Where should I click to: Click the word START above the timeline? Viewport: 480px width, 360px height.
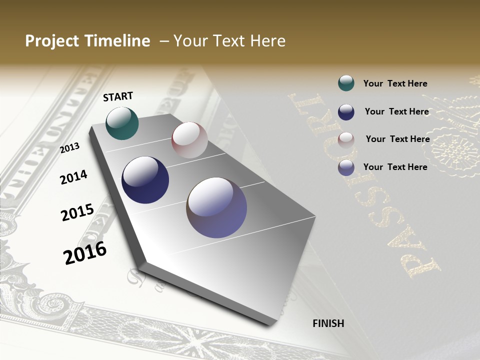(x=118, y=96)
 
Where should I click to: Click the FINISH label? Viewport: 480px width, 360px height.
(x=328, y=323)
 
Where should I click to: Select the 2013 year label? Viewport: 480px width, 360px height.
(x=70, y=147)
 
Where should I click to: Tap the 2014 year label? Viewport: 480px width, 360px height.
(x=73, y=177)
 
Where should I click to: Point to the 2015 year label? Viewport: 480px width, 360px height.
(x=77, y=212)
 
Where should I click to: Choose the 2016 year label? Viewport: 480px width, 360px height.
(x=85, y=253)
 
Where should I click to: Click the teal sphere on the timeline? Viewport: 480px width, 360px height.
(x=122, y=123)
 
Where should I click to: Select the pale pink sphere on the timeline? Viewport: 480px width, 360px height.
(x=189, y=140)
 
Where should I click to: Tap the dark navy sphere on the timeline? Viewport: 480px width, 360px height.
(x=145, y=180)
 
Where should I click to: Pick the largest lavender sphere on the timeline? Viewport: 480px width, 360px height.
(x=216, y=207)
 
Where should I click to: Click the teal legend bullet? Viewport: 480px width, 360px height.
(x=346, y=83)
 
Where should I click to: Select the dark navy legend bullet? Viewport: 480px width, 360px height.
(x=346, y=112)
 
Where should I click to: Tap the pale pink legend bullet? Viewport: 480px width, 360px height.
(x=346, y=139)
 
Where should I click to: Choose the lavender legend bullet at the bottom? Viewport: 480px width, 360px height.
(x=346, y=167)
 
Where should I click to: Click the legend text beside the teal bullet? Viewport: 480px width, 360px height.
(x=395, y=83)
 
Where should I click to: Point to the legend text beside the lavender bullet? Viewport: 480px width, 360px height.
(x=395, y=167)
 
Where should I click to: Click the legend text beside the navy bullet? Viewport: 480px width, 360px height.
(x=396, y=111)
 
